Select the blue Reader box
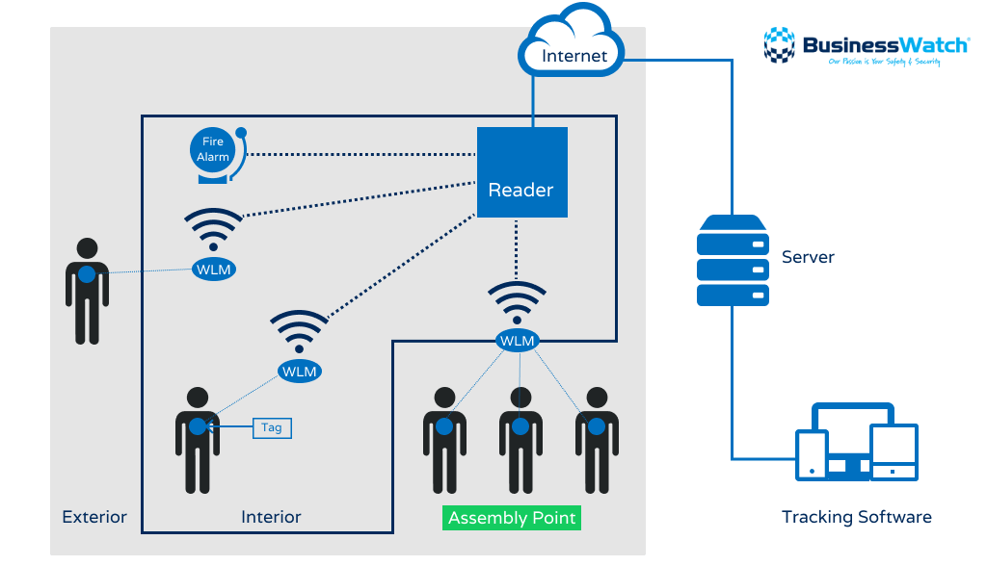[521, 172]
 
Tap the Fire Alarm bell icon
[216, 154]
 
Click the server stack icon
[733, 261]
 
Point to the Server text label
[808, 257]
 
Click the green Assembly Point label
[512, 518]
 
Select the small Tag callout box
[272, 427]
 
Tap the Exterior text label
[94, 517]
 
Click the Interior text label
[271, 517]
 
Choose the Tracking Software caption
[856, 518]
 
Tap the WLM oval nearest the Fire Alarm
[213, 270]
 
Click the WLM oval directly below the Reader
[518, 341]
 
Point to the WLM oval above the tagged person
[299, 371]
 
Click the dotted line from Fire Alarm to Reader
[361, 154]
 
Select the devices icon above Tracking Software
[856, 443]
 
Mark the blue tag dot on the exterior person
[87, 274]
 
